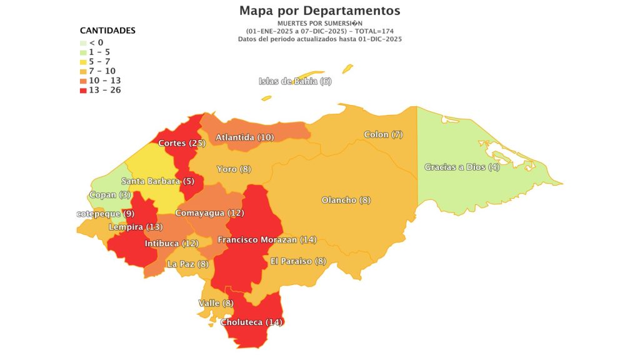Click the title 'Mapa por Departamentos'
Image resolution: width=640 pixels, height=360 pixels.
(319, 11)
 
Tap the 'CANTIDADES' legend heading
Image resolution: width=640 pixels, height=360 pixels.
(107, 30)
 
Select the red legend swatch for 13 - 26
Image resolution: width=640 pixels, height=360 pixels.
(84, 90)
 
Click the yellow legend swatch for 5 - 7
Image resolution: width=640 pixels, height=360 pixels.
(84, 62)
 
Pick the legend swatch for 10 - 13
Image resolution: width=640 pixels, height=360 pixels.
(84, 81)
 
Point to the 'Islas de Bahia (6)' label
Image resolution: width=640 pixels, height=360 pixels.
(295, 81)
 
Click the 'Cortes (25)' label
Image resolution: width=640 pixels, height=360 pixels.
(182, 143)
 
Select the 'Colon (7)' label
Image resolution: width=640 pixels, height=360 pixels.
(383, 134)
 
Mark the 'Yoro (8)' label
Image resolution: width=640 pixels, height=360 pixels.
(234, 169)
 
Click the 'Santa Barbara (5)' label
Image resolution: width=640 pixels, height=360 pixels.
(158, 181)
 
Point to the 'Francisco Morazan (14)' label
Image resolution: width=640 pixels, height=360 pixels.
(267, 239)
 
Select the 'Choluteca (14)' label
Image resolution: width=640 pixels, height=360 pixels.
(252, 322)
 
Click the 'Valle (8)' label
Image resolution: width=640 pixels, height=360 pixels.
(216, 303)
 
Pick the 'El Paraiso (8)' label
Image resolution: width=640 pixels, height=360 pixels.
(298, 261)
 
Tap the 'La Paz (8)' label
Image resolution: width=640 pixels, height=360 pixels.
(188, 264)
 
